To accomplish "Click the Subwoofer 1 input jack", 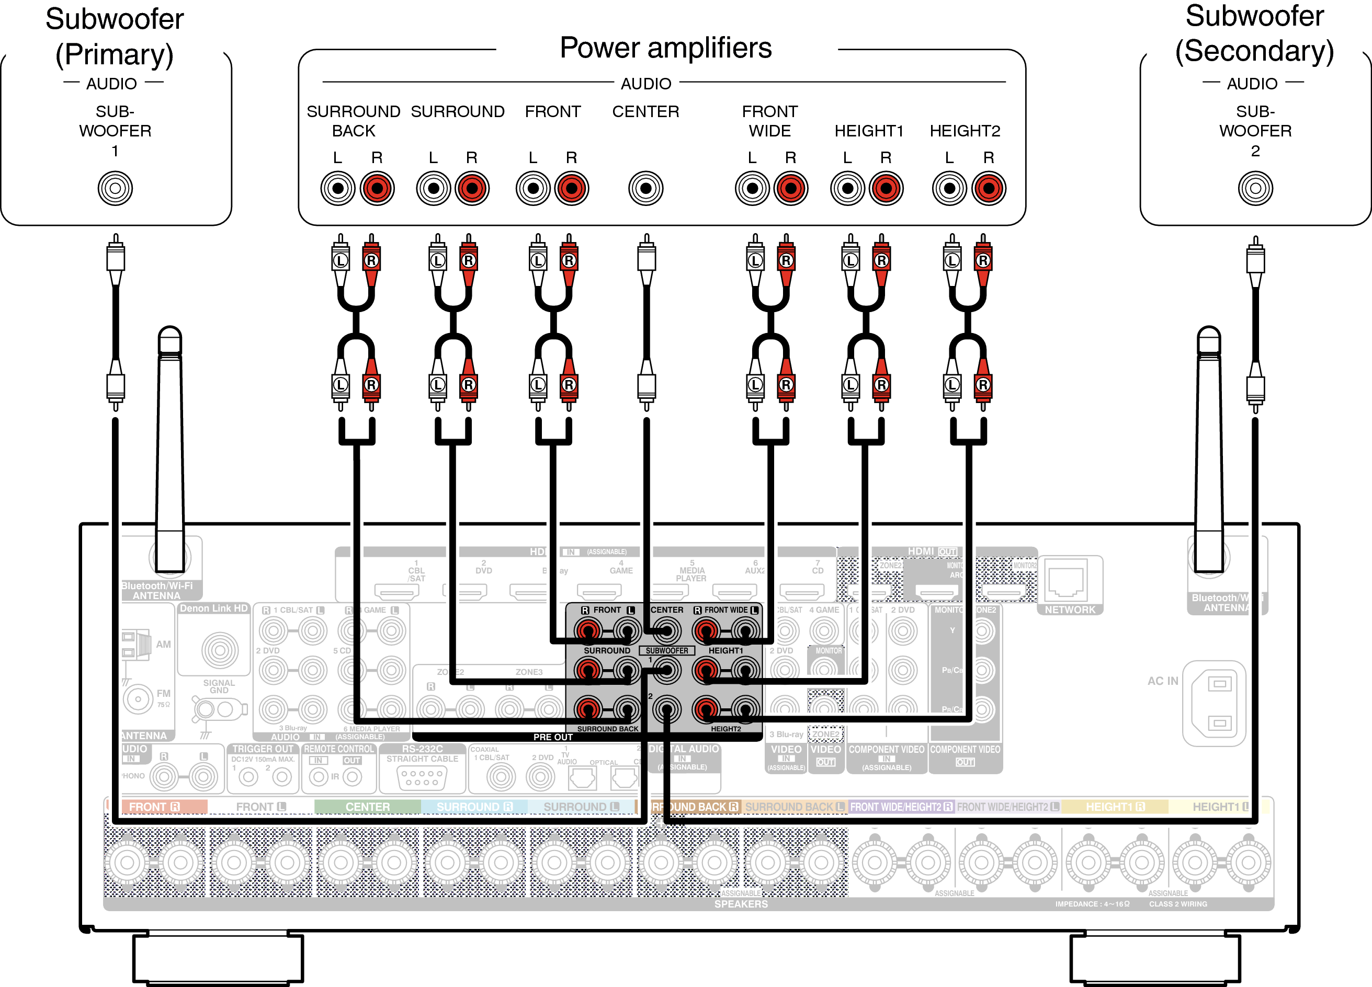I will (x=115, y=188).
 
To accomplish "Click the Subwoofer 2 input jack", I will (x=1255, y=188).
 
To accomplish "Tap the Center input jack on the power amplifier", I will (x=645, y=188).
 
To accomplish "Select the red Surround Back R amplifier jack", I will (x=377, y=188).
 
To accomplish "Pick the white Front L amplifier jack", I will (x=533, y=188).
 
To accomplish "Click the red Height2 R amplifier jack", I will (x=989, y=188).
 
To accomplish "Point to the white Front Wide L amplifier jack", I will (x=752, y=188).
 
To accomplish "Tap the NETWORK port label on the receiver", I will (x=1070, y=610).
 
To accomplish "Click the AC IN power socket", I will (x=1219, y=703).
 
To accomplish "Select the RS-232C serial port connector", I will (x=422, y=777).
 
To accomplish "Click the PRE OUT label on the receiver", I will (x=552, y=737).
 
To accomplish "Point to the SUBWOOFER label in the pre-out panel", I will (x=666, y=651).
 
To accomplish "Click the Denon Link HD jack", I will (x=220, y=650).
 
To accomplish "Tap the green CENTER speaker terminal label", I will (x=367, y=807).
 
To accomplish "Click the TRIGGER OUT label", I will (x=263, y=749).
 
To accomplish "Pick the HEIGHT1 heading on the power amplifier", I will (x=868, y=131).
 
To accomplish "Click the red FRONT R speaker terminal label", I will (x=155, y=807).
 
